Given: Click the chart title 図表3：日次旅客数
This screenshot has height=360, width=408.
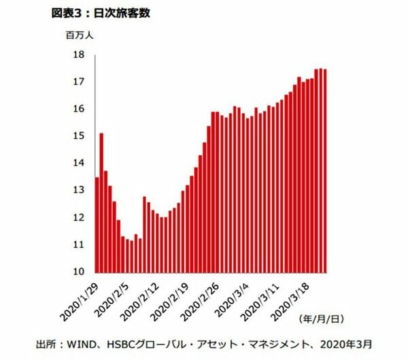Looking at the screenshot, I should pyautogui.click(x=102, y=12).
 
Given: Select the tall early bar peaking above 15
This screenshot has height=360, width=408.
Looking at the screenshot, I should pyautogui.click(x=101, y=204).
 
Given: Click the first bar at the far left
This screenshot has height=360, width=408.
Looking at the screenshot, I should pyautogui.click(x=97, y=225).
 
